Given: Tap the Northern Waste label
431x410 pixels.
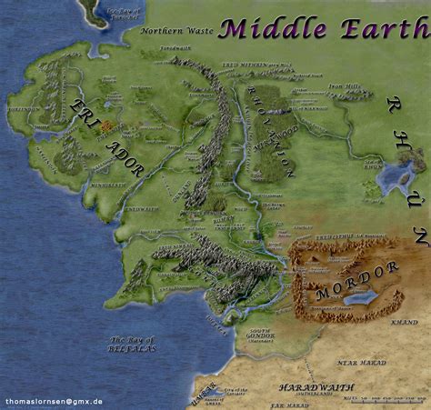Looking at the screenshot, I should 177,31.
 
